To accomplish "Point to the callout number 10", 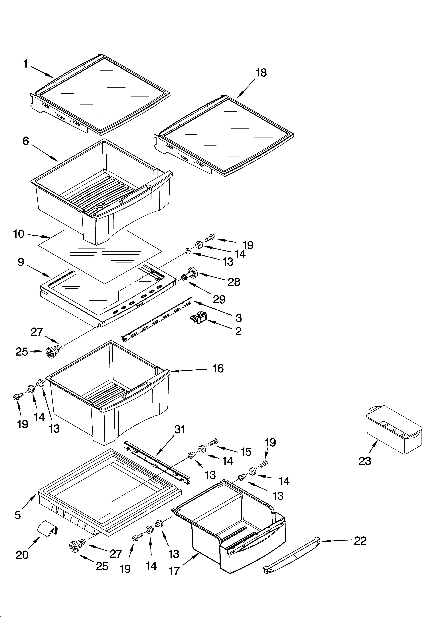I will point(19,234).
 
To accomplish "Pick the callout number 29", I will point(219,299).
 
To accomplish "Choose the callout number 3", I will point(238,318).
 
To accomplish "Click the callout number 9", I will point(21,262).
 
